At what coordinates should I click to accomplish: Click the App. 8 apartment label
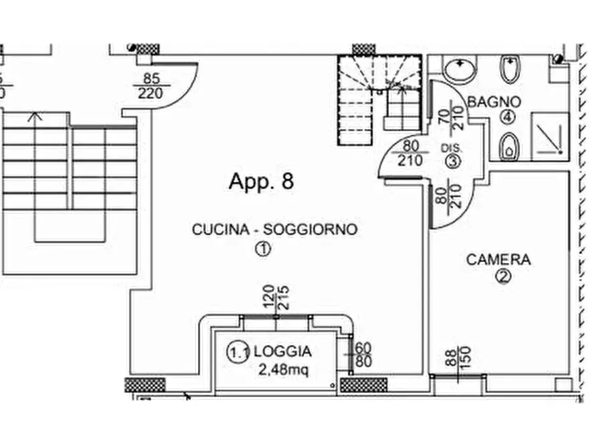coord(261,181)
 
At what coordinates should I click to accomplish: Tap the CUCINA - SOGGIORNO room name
coord(274,229)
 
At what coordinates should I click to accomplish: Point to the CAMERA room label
coord(498,259)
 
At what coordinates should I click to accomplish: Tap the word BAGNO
coord(494,102)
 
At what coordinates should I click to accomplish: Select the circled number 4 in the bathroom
coord(507,117)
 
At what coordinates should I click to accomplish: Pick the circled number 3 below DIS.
coord(453,160)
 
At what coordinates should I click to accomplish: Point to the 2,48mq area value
coord(283,368)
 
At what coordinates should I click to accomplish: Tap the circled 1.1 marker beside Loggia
coord(239,352)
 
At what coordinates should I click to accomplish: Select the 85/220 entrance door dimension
coord(151,86)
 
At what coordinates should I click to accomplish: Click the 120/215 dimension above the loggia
coord(275,298)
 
